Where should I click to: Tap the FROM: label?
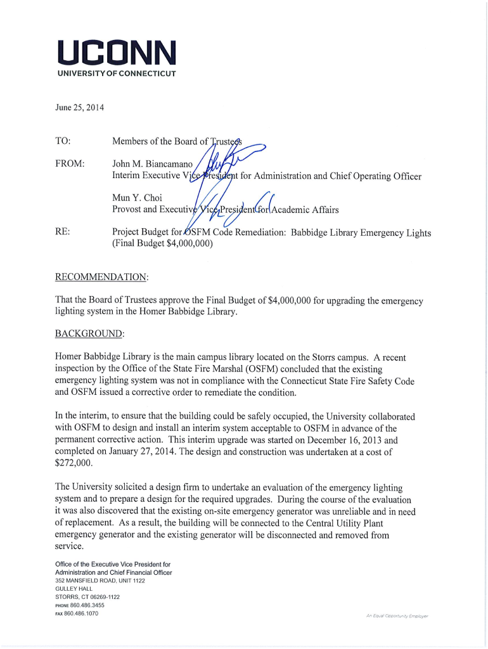click(70, 164)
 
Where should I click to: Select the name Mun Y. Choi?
click(136, 198)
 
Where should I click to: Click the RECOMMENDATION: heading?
click(102, 277)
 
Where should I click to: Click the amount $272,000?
click(74, 463)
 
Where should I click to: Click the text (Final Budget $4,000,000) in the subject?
click(162, 244)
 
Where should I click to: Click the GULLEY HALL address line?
click(74, 589)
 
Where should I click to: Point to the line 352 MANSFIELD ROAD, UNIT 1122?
click(100, 581)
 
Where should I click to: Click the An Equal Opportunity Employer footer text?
click(397, 615)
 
